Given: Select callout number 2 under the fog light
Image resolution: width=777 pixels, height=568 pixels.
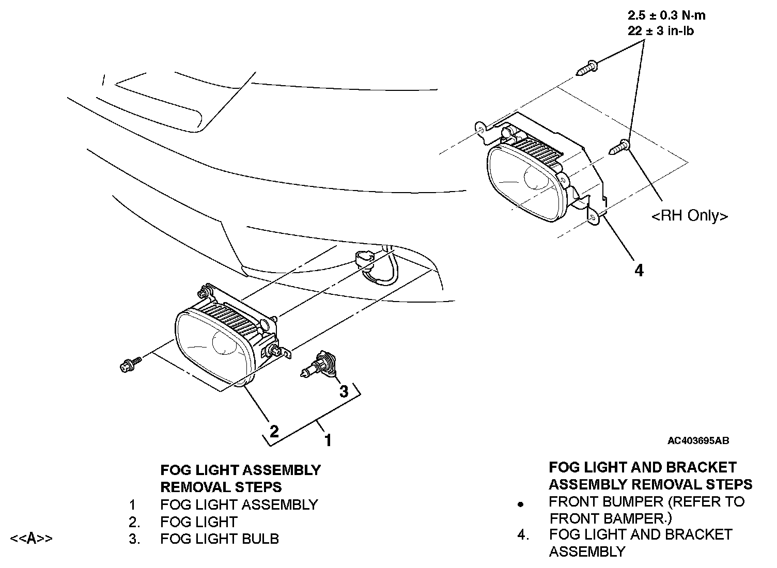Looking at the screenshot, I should [x=274, y=431].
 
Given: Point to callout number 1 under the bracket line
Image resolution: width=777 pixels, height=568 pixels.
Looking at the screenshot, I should [x=328, y=440].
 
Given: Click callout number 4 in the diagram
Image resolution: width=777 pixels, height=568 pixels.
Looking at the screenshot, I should [x=639, y=270].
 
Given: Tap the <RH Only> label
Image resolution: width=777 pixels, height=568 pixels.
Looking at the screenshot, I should [x=690, y=216].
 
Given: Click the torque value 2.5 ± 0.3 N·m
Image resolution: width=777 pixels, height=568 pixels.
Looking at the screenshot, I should [x=666, y=15].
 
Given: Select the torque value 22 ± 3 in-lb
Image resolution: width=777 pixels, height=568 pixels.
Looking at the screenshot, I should [x=661, y=31].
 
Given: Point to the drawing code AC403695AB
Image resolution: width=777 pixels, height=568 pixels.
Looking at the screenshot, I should [x=698, y=440].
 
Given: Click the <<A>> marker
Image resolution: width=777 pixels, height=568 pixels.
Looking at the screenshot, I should [x=31, y=538].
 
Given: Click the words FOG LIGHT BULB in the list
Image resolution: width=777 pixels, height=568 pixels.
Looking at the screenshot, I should [x=220, y=539].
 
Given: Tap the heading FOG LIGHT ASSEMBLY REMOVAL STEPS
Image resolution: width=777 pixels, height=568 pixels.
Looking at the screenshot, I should [x=241, y=478].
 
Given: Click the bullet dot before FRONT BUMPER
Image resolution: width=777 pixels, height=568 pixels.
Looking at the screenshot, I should [x=521, y=503].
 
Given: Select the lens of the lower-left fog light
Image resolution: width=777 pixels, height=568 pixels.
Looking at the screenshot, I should [x=212, y=347].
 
